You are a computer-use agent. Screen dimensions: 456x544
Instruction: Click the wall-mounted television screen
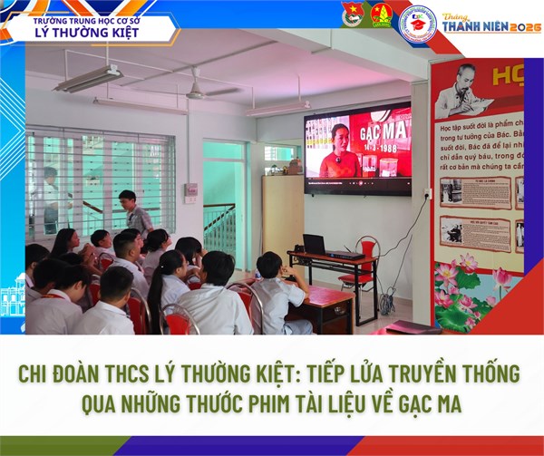357,150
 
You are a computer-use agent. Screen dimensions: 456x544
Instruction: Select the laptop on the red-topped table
315,244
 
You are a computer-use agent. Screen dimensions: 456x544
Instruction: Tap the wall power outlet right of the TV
427,193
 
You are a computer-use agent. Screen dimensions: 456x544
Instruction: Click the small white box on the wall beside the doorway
190,191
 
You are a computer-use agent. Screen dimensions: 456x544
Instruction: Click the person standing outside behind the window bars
51,195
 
